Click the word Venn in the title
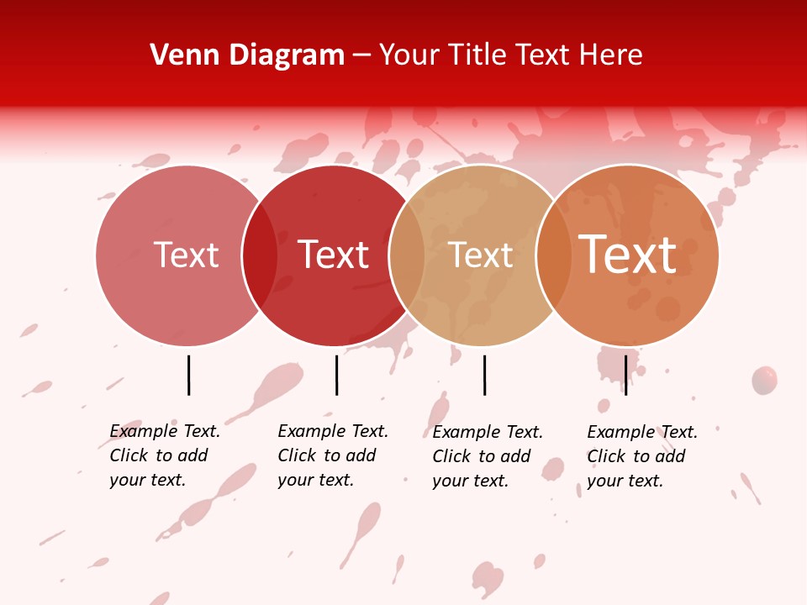[182, 55]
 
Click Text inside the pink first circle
[186, 255]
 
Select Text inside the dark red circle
[333, 255]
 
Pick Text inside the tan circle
[480, 255]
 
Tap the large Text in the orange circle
[627, 255]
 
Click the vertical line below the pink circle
[188, 375]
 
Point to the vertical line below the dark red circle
[336, 375]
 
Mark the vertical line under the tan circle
[484, 375]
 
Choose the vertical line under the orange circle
[625, 375]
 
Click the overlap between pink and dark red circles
[260, 255]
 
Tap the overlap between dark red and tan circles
[407, 255]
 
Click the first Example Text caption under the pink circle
[164, 455]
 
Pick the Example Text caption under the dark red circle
[332, 455]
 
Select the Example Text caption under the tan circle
[487, 456]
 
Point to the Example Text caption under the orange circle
[641, 456]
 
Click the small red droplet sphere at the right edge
[764, 380]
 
